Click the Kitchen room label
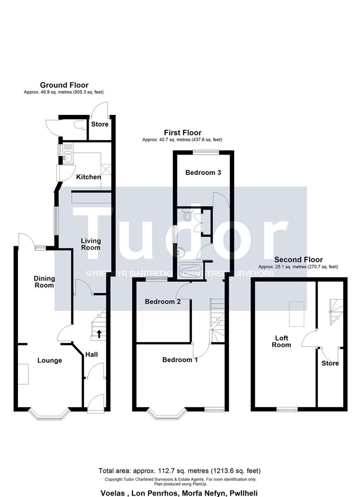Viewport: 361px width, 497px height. pos(88,177)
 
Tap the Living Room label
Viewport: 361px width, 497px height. pos(91,244)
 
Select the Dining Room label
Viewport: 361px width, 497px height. pos(44,282)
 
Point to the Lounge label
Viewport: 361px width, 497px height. pos(50,360)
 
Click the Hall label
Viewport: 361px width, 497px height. pos(92,354)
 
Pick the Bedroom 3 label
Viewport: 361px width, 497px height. pos(203,173)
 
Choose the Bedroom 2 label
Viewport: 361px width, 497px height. pos(163,301)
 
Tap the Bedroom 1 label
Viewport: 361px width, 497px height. pos(180,360)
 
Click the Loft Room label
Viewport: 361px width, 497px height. pos(281,341)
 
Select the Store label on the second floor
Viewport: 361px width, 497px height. pos(330,363)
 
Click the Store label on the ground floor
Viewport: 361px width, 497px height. pos(100,124)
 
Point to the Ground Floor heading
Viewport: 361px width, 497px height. pos(64,85)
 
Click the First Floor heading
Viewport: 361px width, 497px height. pos(183,133)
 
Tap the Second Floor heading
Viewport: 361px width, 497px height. pos(298,260)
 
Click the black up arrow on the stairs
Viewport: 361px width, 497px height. pos(99,334)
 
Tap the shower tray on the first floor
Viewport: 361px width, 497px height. pos(189,271)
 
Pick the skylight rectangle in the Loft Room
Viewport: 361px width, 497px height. pos(297,314)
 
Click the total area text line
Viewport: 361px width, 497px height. pos(179,471)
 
